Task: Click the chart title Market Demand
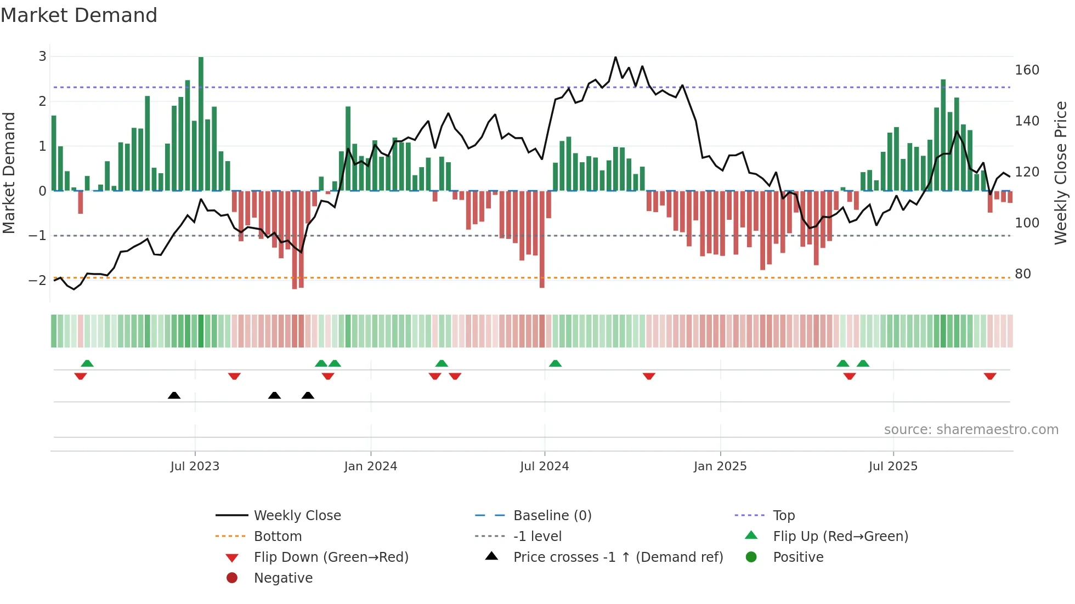(x=79, y=15)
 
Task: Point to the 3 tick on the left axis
(x=42, y=56)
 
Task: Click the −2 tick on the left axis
(x=38, y=280)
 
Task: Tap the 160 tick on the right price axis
(x=1027, y=70)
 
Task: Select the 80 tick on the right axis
(x=1022, y=273)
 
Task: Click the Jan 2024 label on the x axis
(x=370, y=466)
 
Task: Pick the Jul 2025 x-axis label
(x=892, y=466)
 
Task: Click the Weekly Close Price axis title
(x=1061, y=173)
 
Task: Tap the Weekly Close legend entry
(x=297, y=516)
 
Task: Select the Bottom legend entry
(x=278, y=537)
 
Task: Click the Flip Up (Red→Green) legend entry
(x=840, y=537)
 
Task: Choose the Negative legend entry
(x=283, y=578)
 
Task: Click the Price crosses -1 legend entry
(x=618, y=557)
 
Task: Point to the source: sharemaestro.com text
(x=971, y=430)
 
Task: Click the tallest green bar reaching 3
(x=201, y=123)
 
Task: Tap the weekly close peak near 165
(x=615, y=58)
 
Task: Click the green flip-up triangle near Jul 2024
(x=555, y=363)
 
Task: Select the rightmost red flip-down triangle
(x=989, y=376)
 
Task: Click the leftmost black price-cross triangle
(x=174, y=395)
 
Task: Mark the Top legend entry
(x=783, y=516)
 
